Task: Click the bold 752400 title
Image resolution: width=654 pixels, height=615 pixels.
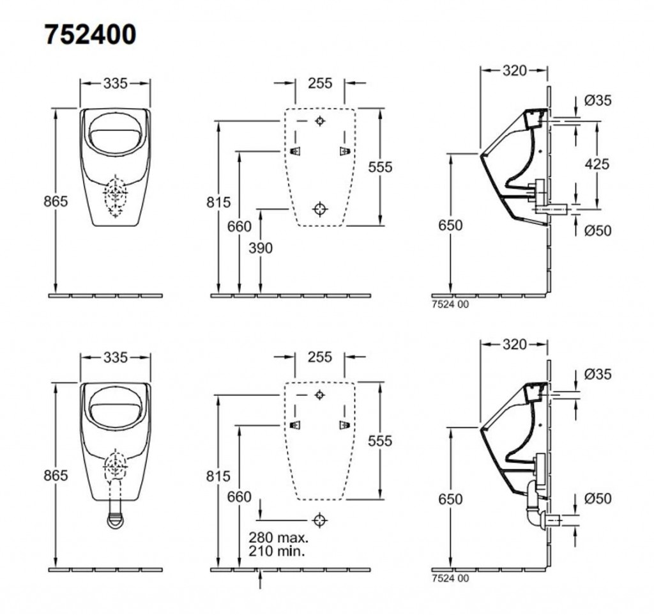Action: [90, 35]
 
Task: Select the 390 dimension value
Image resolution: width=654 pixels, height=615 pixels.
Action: [260, 247]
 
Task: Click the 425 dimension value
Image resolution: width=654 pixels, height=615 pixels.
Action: [597, 164]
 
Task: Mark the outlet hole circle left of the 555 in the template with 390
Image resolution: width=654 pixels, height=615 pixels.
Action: [321, 208]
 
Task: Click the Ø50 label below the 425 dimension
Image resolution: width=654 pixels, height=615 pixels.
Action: [598, 230]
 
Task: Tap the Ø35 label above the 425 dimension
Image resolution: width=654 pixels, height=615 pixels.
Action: [598, 100]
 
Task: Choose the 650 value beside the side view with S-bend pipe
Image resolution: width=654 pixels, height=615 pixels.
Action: [451, 499]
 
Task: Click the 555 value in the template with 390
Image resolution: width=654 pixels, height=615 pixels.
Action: [380, 167]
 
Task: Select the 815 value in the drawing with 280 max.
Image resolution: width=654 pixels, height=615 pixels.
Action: [219, 476]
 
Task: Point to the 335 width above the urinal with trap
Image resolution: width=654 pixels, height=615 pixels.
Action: [116, 357]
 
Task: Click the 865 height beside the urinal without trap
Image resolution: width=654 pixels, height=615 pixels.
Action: [56, 202]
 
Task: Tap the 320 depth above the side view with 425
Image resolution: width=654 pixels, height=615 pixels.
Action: [514, 70]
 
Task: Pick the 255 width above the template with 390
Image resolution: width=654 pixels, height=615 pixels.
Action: [319, 83]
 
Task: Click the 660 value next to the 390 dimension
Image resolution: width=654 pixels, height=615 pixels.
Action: [240, 226]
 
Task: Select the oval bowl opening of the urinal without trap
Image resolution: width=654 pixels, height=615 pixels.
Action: [115, 133]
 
